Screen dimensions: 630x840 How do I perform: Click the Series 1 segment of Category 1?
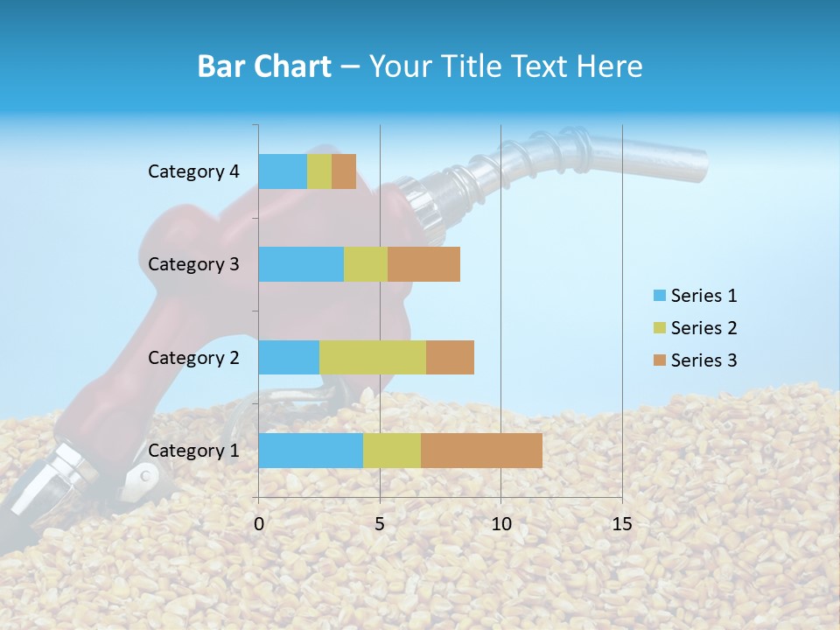coord(311,451)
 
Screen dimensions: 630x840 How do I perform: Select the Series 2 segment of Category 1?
coord(392,451)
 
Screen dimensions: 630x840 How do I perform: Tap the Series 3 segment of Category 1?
coord(481,451)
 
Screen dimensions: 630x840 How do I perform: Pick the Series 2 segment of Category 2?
coord(373,357)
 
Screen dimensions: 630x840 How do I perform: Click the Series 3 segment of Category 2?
coord(450,357)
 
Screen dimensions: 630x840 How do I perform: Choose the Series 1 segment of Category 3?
coord(301,264)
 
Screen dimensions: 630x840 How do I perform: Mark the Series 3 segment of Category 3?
coord(423,264)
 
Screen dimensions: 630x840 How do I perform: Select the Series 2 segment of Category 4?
coord(319,171)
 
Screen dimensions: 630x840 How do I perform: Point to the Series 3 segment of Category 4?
coord(344,171)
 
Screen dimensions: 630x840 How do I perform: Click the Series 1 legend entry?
coord(696,296)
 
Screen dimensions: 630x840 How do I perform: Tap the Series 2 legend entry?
coord(696,328)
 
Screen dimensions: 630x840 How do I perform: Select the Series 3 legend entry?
coord(696,360)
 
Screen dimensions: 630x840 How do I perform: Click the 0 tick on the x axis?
coord(259,524)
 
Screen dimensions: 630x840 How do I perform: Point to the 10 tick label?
coord(500,524)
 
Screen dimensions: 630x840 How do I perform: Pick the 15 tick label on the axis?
coord(621,524)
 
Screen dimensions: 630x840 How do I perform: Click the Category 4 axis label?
coord(193,171)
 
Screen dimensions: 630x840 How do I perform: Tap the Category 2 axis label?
coord(193,357)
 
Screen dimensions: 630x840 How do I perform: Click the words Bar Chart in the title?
coord(264,66)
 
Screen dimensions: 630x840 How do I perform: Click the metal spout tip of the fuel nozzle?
coord(691,164)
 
